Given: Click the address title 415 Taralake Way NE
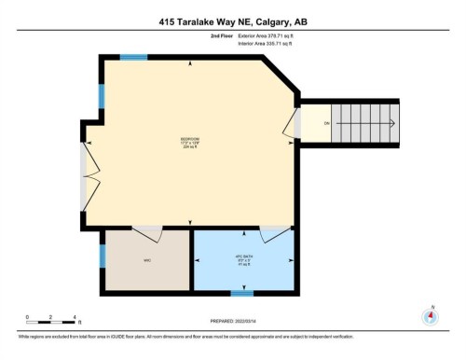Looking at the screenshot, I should pyautogui.click(x=232, y=21).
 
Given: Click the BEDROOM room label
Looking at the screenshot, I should pyautogui.click(x=190, y=143).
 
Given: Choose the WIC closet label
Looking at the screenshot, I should pyautogui.click(x=146, y=260).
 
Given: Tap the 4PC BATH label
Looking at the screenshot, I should pyautogui.click(x=243, y=260).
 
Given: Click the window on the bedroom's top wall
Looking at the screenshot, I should pyautogui.click(x=134, y=58).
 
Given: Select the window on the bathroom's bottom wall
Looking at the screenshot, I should pyautogui.click(x=242, y=293).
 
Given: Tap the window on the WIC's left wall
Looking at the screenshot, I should pyautogui.click(x=102, y=257).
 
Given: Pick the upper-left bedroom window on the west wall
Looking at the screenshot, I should pyautogui.click(x=102, y=95).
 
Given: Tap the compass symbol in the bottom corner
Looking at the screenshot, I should pyautogui.click(x=430, y=316).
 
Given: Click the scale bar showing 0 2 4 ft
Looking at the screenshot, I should pyautogui.click(x=51, y=322).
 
